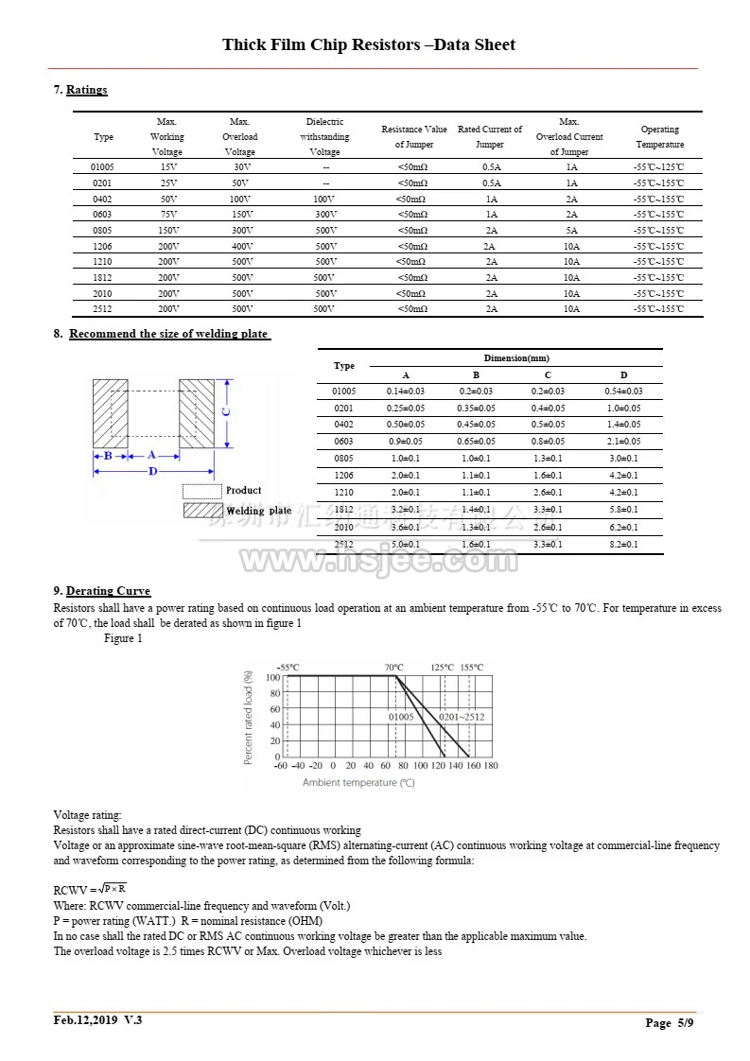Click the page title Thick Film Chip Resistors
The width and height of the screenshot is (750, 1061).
tap(369, 45)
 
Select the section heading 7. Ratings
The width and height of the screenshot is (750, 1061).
tap(80, 90)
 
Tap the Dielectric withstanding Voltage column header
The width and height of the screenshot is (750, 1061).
tap(324, 137)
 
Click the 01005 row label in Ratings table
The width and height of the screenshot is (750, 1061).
tap(102, 167)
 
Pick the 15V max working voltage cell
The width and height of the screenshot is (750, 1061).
tap(167, 167)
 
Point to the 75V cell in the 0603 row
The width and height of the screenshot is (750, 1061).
tap(167, 215)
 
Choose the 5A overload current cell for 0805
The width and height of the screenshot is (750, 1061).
tap(571, 231)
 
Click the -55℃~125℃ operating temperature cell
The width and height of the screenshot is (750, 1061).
tap(658, 167)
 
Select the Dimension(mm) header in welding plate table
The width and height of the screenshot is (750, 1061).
tap(515, 358)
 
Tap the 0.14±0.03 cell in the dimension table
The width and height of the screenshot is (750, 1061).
tap(406, 391)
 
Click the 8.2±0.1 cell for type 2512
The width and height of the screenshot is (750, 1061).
tap(623, 545)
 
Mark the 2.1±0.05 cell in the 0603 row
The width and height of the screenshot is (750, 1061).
tap(623, 442)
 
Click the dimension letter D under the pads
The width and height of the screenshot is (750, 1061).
tap(152, 470)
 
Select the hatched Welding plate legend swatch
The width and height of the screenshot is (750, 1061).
tap(201, 511)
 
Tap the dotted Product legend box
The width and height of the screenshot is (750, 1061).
tap(201, 492)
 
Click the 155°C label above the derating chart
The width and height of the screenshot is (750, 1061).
tap(471, 668)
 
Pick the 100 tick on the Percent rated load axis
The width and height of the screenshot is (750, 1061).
tap(272, 678)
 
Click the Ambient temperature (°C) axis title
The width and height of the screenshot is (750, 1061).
tap(358, 782)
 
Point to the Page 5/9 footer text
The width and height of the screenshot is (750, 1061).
tap(671, 1023)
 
